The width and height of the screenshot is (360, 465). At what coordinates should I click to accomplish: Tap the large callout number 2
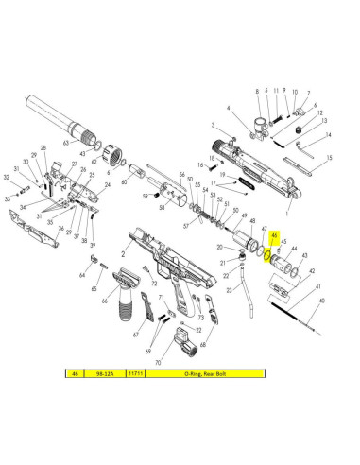tap(123, 254)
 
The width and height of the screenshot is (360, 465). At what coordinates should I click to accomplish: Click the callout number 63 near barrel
tap(66, 144)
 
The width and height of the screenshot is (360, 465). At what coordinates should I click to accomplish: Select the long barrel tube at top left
tap(47, 108)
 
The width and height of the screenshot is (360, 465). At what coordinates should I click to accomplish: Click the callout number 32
tap(9, 176)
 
